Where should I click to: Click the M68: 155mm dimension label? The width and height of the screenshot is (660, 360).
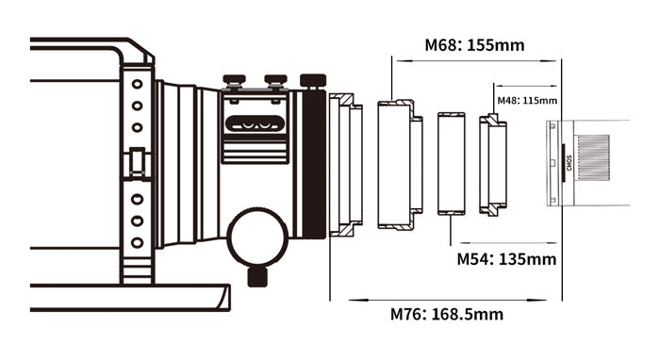pos(474,45)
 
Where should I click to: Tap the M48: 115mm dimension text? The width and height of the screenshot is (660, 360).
pos(527,101)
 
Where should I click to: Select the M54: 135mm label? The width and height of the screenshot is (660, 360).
pos(506,259)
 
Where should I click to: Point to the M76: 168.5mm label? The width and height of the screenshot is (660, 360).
pos(447,314)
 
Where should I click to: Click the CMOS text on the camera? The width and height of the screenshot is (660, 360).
pos(569,163)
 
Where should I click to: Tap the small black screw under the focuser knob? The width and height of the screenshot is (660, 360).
pos(257,277)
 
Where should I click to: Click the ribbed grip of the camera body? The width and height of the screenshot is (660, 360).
pos(593,157)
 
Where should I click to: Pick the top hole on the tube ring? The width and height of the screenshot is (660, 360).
pos(137,84)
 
